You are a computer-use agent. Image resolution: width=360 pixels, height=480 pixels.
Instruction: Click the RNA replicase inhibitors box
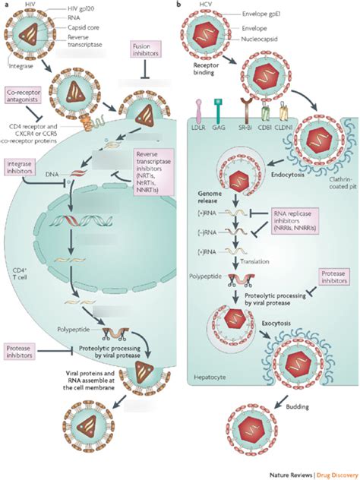[299, 219]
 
